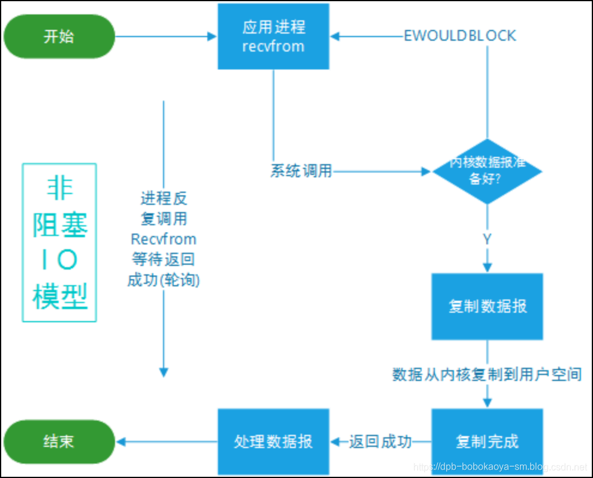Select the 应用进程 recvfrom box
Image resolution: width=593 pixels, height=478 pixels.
click(273, 37)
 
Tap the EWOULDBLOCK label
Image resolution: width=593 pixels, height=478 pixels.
click(460, 36)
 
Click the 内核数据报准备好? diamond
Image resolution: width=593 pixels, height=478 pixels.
click(487, 171)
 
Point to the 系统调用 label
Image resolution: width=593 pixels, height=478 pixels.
click(301, 171)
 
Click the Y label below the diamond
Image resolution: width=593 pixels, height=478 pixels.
click(487, 239)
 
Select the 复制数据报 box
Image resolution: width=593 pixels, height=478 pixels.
click(487, 306)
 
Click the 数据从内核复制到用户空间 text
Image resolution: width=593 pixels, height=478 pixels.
click(487, 375)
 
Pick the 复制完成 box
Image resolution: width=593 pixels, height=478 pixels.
click(487, 441)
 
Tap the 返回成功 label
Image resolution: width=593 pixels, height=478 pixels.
click(380, 442)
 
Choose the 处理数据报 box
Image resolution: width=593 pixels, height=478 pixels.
click(273, 441)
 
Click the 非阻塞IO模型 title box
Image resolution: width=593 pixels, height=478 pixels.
click(59, 243)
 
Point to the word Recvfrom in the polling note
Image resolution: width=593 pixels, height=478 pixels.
click(164, 239)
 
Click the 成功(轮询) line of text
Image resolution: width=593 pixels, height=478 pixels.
click(164, 280)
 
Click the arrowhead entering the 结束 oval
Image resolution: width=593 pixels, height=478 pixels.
click(120, 442)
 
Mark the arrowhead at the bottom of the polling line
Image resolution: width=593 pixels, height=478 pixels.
click(164, 371)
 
